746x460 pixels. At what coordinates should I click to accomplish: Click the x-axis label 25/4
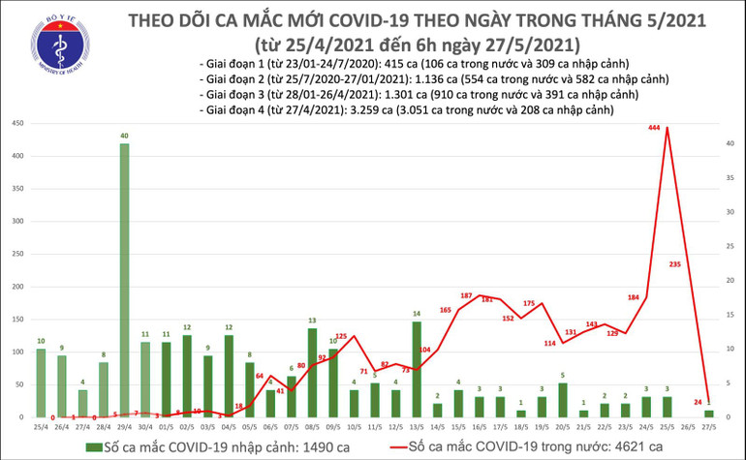[x=41, y=426]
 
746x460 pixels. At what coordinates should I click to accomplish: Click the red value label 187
[x=465, y=295]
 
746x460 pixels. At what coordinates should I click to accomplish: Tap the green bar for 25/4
[x=41, y=383]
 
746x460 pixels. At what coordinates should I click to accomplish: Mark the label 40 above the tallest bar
[x=125, y=136]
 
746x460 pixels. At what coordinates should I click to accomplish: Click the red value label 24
[x=696, y=401]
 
